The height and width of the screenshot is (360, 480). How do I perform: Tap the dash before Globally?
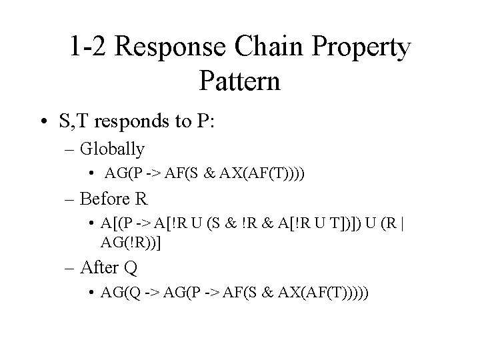71,148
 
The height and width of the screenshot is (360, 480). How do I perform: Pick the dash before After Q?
71,267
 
